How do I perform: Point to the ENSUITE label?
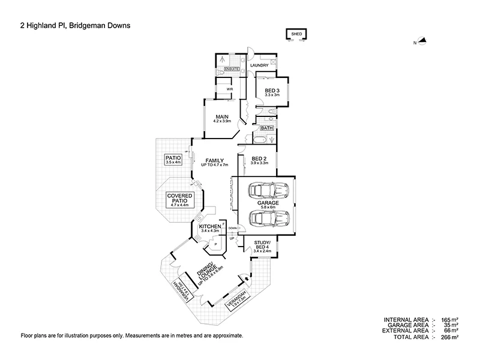pos(232,70)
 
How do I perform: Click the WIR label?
pos(229,89)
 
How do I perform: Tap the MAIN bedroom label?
pos(221,118)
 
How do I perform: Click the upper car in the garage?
pos(268,191)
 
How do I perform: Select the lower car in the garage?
pos(268,217)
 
